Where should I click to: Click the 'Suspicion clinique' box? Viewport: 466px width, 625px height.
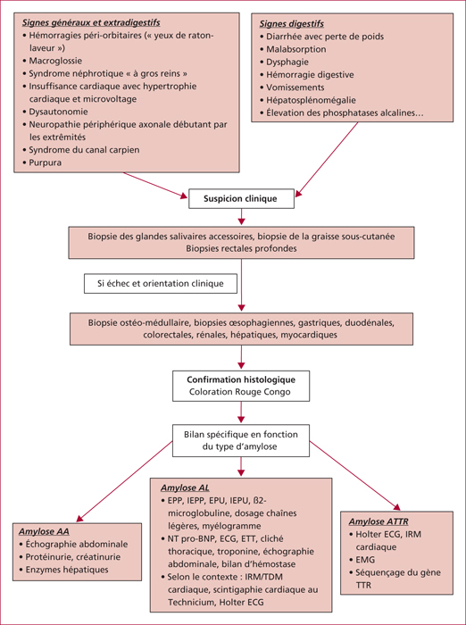(241, 198)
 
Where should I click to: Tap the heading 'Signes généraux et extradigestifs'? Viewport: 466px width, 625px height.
(91, 22)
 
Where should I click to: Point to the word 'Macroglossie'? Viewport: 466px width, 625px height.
(56, 61)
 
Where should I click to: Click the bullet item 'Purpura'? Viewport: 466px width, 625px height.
(45, 162)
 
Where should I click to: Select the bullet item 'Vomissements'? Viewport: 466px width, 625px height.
(295, 87)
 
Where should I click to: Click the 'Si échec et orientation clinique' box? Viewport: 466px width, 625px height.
(161, 284)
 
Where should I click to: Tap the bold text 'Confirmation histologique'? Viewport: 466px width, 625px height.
(241, 379)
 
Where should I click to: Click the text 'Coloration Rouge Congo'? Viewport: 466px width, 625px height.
(240, 392)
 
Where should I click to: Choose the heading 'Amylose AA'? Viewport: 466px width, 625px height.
(45, 531)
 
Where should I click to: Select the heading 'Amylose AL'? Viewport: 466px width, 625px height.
(185, 487)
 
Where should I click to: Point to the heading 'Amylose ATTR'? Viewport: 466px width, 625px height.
(379, 521)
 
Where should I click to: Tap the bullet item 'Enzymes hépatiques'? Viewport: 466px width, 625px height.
(67, 570)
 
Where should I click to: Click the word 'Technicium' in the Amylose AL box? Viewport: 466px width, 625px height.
(190, 603)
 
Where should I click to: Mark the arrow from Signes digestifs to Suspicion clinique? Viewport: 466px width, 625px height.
(327, 159)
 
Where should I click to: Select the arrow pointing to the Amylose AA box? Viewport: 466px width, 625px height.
(124, 481)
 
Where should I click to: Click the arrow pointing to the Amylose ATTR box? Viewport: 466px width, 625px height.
(355, 476)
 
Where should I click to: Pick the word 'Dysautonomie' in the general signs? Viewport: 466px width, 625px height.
(58, 112)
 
